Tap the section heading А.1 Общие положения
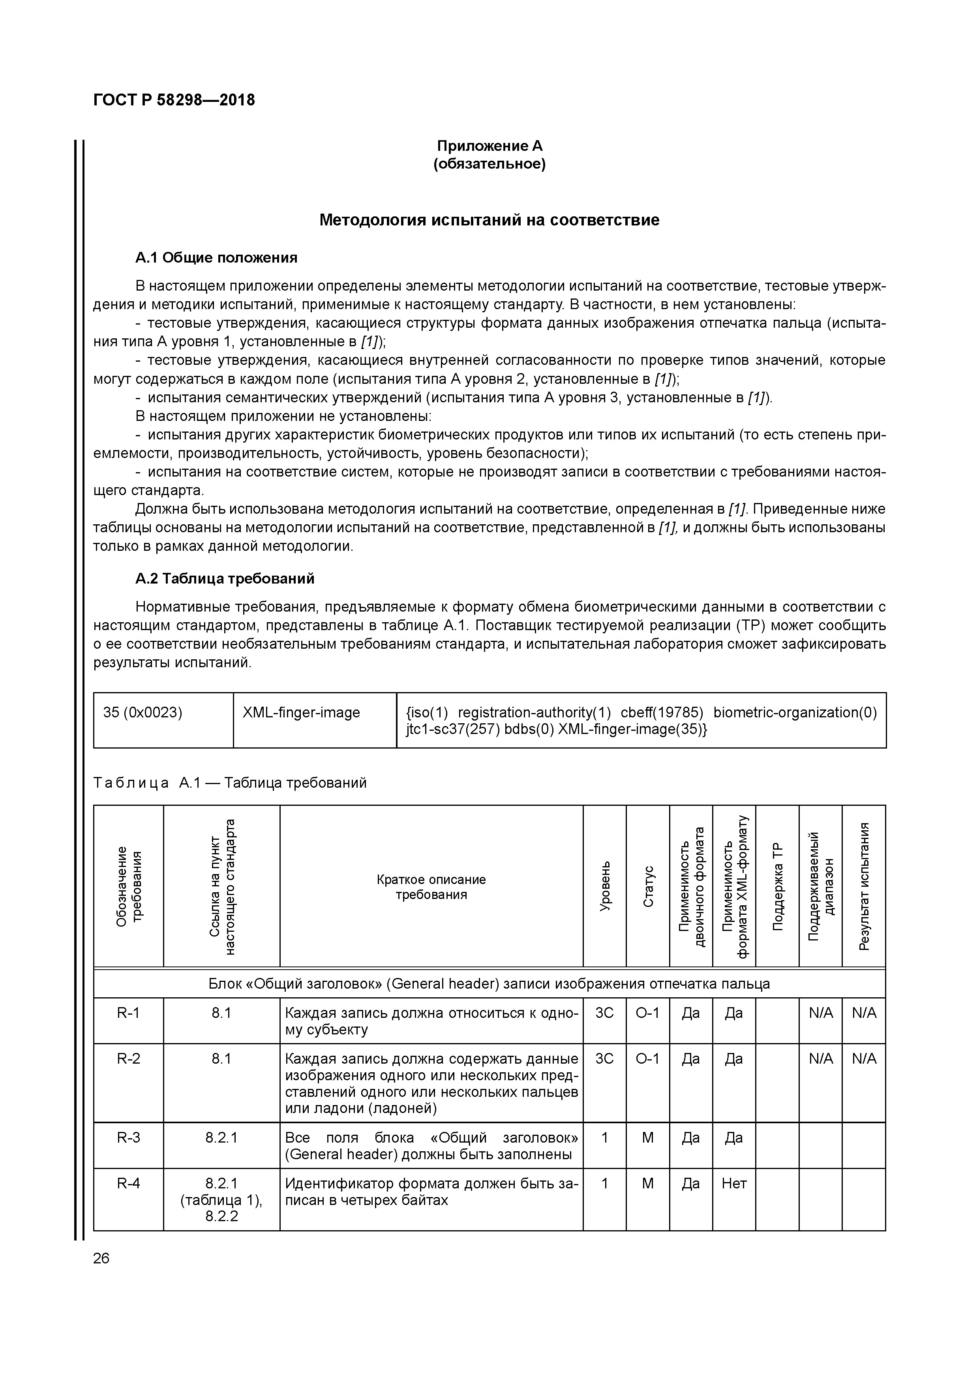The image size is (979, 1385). point(216,258)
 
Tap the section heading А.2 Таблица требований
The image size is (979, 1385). point(224,579)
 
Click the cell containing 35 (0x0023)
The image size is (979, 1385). point(143,712)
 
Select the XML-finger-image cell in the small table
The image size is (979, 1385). point(301,712)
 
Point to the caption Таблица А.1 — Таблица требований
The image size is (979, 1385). point(230,783)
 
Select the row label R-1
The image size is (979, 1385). point(128,1013)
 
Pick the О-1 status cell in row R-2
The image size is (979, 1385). point(648,1058)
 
